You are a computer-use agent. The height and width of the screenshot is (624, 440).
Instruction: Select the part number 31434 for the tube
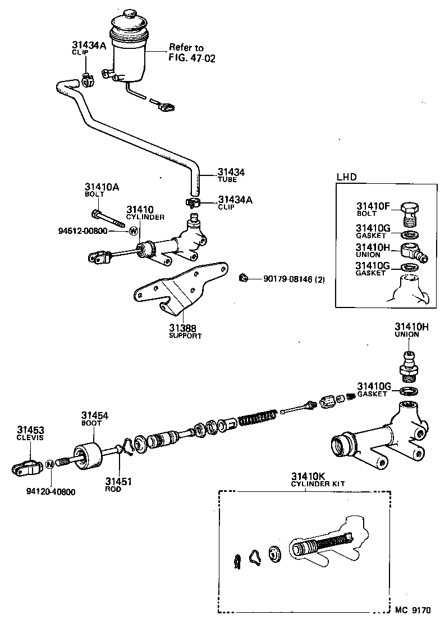click(x=231, y=172)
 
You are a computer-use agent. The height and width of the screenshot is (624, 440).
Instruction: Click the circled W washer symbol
click(x=134, y=230)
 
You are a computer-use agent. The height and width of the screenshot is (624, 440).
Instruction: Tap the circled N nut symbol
click(x=49, y=464)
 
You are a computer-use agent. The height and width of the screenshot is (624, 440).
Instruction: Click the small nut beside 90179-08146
click(x=242, y=278)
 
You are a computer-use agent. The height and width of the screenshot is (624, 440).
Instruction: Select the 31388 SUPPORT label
click(x=185, y=331)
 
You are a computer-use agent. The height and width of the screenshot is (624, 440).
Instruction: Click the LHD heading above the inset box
click(x=346, y=177)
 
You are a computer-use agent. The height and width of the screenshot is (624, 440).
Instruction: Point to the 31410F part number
click(x=372, y=206)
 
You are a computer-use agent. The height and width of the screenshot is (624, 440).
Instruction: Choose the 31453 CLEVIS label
click(x=30, y=432)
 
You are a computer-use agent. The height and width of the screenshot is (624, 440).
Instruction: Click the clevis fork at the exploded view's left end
click(x=26, y=466)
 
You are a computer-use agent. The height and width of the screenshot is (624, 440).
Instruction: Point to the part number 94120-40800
click(x=51, y=492)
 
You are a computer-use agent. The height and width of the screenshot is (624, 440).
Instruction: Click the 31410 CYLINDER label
click(x=144, y=212)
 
